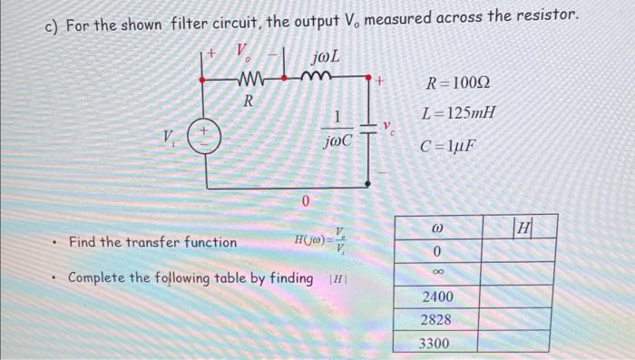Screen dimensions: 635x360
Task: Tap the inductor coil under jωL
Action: pyautogui.click(x=325, y=81)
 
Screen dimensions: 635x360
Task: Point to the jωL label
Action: pyautogui.click(x=324, y=58)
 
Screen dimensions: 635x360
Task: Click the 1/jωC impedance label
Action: pyautogui.click(x=335, y=128)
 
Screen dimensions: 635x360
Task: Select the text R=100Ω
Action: pyautogui.click(x=458, y=87)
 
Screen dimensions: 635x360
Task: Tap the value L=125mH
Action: pyautogui.click(x=458, y=115)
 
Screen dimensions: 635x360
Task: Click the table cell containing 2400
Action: pyautogui.click(x=436, y=297)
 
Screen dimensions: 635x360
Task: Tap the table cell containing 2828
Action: pyautogui.click(x=436, y=319)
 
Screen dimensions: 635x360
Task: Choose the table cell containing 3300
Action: pyautogui.click(x=436, y=342)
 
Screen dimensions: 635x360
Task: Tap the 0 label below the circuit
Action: pyautogui.click(x=306, y=199)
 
